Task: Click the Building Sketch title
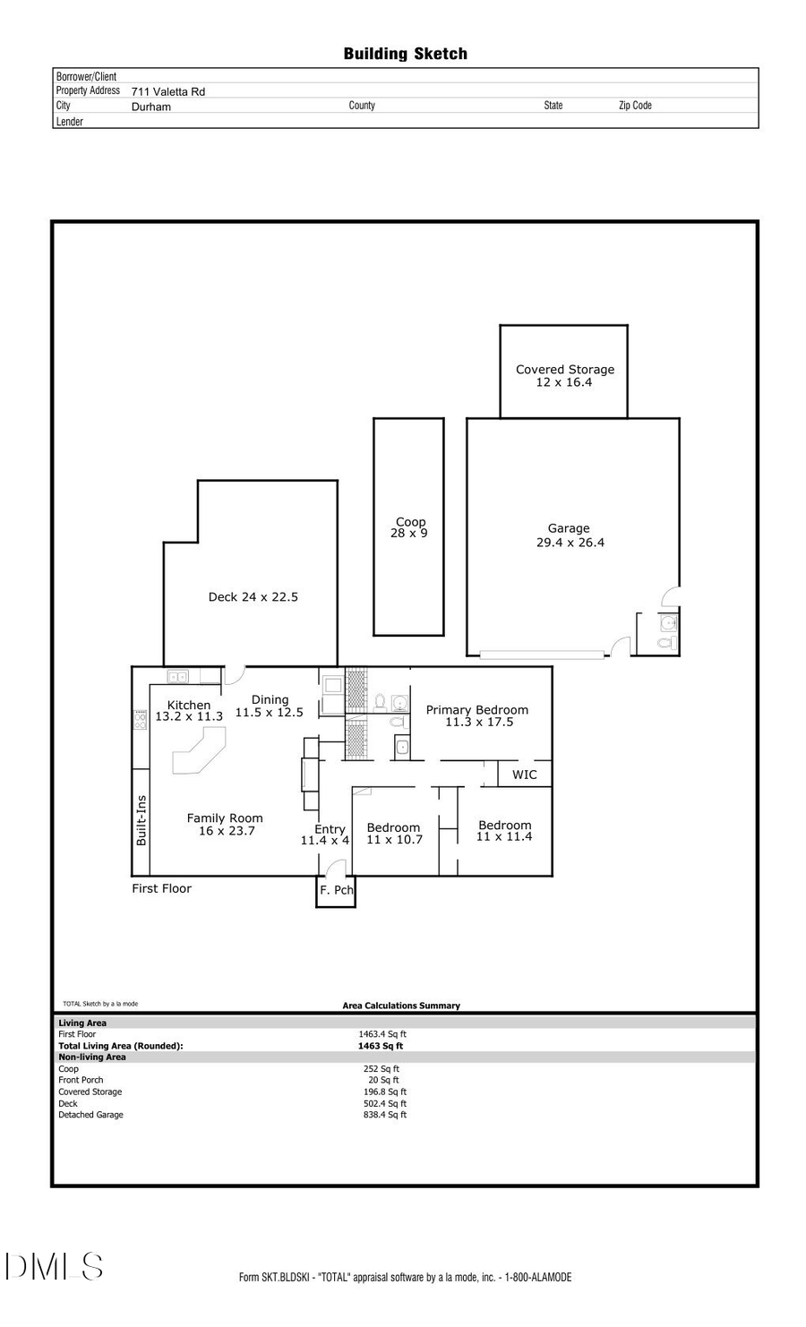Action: tap(405, 54)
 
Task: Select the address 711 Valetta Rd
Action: tap(168, 91)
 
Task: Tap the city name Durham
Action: tap(150, 107)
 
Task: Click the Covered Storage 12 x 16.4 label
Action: tap(565, 375)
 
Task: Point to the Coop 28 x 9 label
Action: tap(409, 527)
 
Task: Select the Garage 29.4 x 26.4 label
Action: tap(570, 535)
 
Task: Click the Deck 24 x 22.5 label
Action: tap(253, 596)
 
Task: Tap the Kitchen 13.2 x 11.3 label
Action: tap(189, 711)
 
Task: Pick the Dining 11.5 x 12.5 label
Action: tap(270, 706)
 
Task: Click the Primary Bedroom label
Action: tap(477, 715)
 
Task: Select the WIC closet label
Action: tap(525, 775)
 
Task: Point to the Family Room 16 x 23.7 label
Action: tap(225, 824)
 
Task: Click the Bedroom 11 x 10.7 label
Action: tap(393, 834)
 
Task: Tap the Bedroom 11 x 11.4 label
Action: tap(504, 831)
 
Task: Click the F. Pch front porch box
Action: tap(336, 891)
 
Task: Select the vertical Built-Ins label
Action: tap(141, 820)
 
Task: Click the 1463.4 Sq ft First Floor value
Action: tap(382, 1034)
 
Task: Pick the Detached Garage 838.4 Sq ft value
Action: tap(385, 1115)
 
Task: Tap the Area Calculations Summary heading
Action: tap(401, 1006)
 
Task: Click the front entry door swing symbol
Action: tap(335, 868)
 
